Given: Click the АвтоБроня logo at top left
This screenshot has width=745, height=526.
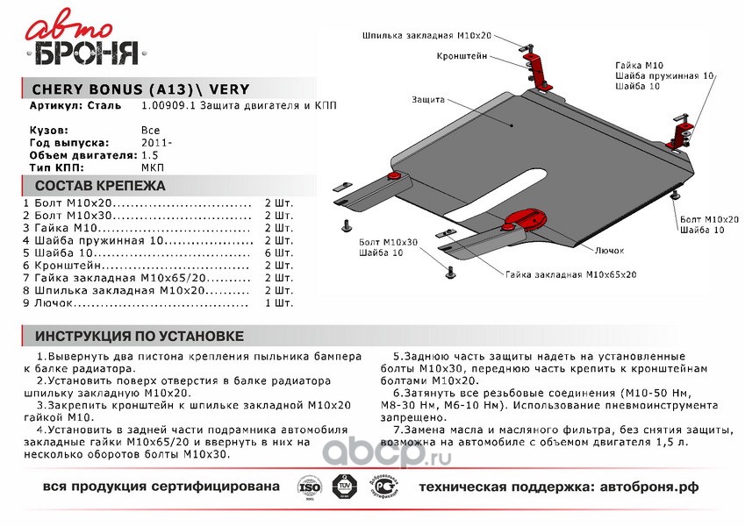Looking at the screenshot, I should [x=84, y=41].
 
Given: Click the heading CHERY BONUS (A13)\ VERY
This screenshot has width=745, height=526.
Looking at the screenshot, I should [x=140, y=89].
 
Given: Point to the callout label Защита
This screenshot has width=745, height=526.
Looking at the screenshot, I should [x=426, y=100].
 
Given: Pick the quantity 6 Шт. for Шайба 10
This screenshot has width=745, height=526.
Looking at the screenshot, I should [x=278, y=252].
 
